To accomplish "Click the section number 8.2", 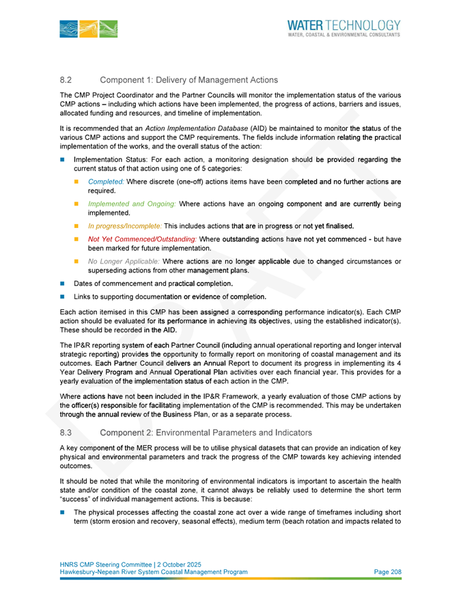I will coord(66,81).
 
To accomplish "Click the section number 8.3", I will coord(66,432).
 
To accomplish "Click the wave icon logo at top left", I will coord(89,29).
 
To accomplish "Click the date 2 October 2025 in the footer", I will coord(176,563).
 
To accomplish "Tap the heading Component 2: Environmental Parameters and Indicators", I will coord(206,432).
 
